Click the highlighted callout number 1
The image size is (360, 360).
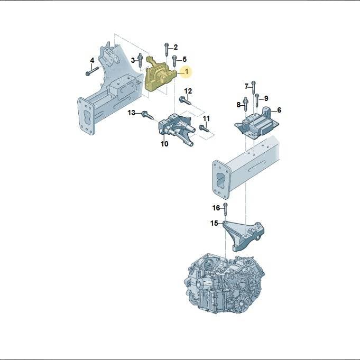[x=187, y=72]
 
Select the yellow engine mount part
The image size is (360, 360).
[x=159, y=75]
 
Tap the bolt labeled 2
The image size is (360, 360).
[x=167, y=49]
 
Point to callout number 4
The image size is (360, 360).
[x=92, y=61]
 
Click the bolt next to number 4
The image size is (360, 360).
[x=92, y=71]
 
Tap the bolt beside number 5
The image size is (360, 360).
[x=174, y=61]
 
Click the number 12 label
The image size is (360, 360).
[x=188, y=91]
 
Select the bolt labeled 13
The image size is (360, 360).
[x=148, y=115]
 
